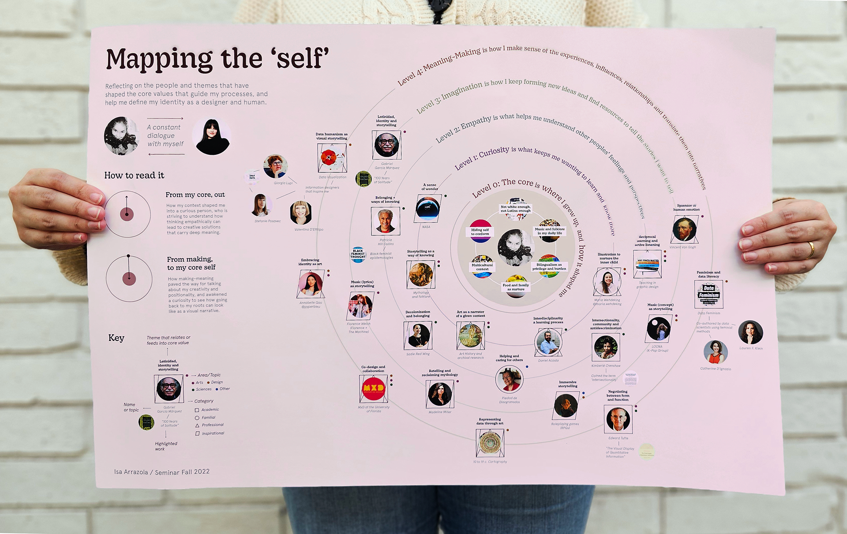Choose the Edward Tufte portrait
click(618, 419)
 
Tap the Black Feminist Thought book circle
click(358, 254)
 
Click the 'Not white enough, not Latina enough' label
click(515, 209)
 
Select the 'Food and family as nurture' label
click(515, 287)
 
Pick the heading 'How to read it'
click(134, 176)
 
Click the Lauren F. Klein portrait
click(750, 332)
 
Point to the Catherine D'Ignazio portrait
click(715, 352)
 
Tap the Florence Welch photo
click(360, 306)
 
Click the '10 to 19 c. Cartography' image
click(489, 442)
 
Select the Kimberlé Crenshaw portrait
click(606, 347)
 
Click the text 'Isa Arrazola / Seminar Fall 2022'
click(162, 472)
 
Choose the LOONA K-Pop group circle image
click(658, 329)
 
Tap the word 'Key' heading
click(116, 338)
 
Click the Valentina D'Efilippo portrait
click(301, 213)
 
